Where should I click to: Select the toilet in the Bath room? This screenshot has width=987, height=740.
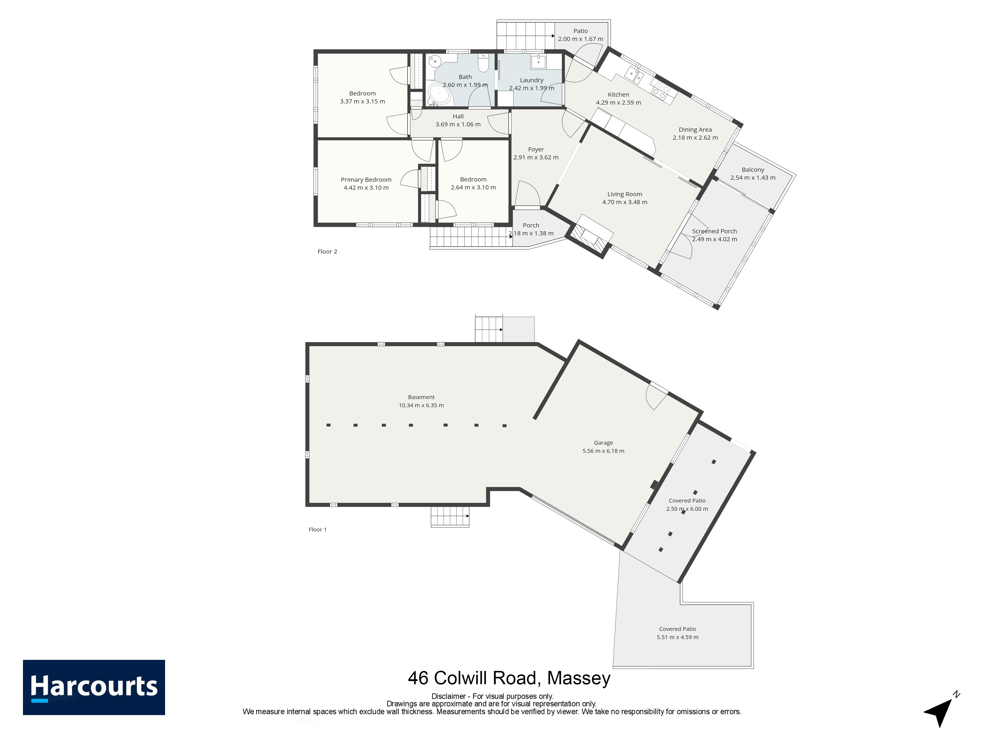coord(483,63)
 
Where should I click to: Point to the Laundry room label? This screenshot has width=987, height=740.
coord(531,80)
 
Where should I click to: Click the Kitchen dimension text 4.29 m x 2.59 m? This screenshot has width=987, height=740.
coord(618,103)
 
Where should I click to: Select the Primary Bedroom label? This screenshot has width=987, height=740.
coord(366,180)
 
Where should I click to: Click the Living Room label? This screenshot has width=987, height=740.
coord(625,194)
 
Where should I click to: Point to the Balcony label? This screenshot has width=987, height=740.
coord(753,170)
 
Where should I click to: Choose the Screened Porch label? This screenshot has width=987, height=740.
coord(714,231)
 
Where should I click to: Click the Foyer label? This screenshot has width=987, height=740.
coord(536,149)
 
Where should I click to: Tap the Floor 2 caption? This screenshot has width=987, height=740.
coord(327,252)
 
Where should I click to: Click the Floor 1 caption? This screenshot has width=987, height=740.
coord(318,529)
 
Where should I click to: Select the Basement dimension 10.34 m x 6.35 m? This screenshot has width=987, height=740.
coord(421,406)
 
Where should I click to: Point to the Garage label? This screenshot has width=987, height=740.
coord(603,443)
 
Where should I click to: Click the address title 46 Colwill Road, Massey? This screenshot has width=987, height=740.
coord(509,678)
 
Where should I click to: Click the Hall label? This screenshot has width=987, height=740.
coord(458,116)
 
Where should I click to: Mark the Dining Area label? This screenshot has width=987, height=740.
coord(695,130)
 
